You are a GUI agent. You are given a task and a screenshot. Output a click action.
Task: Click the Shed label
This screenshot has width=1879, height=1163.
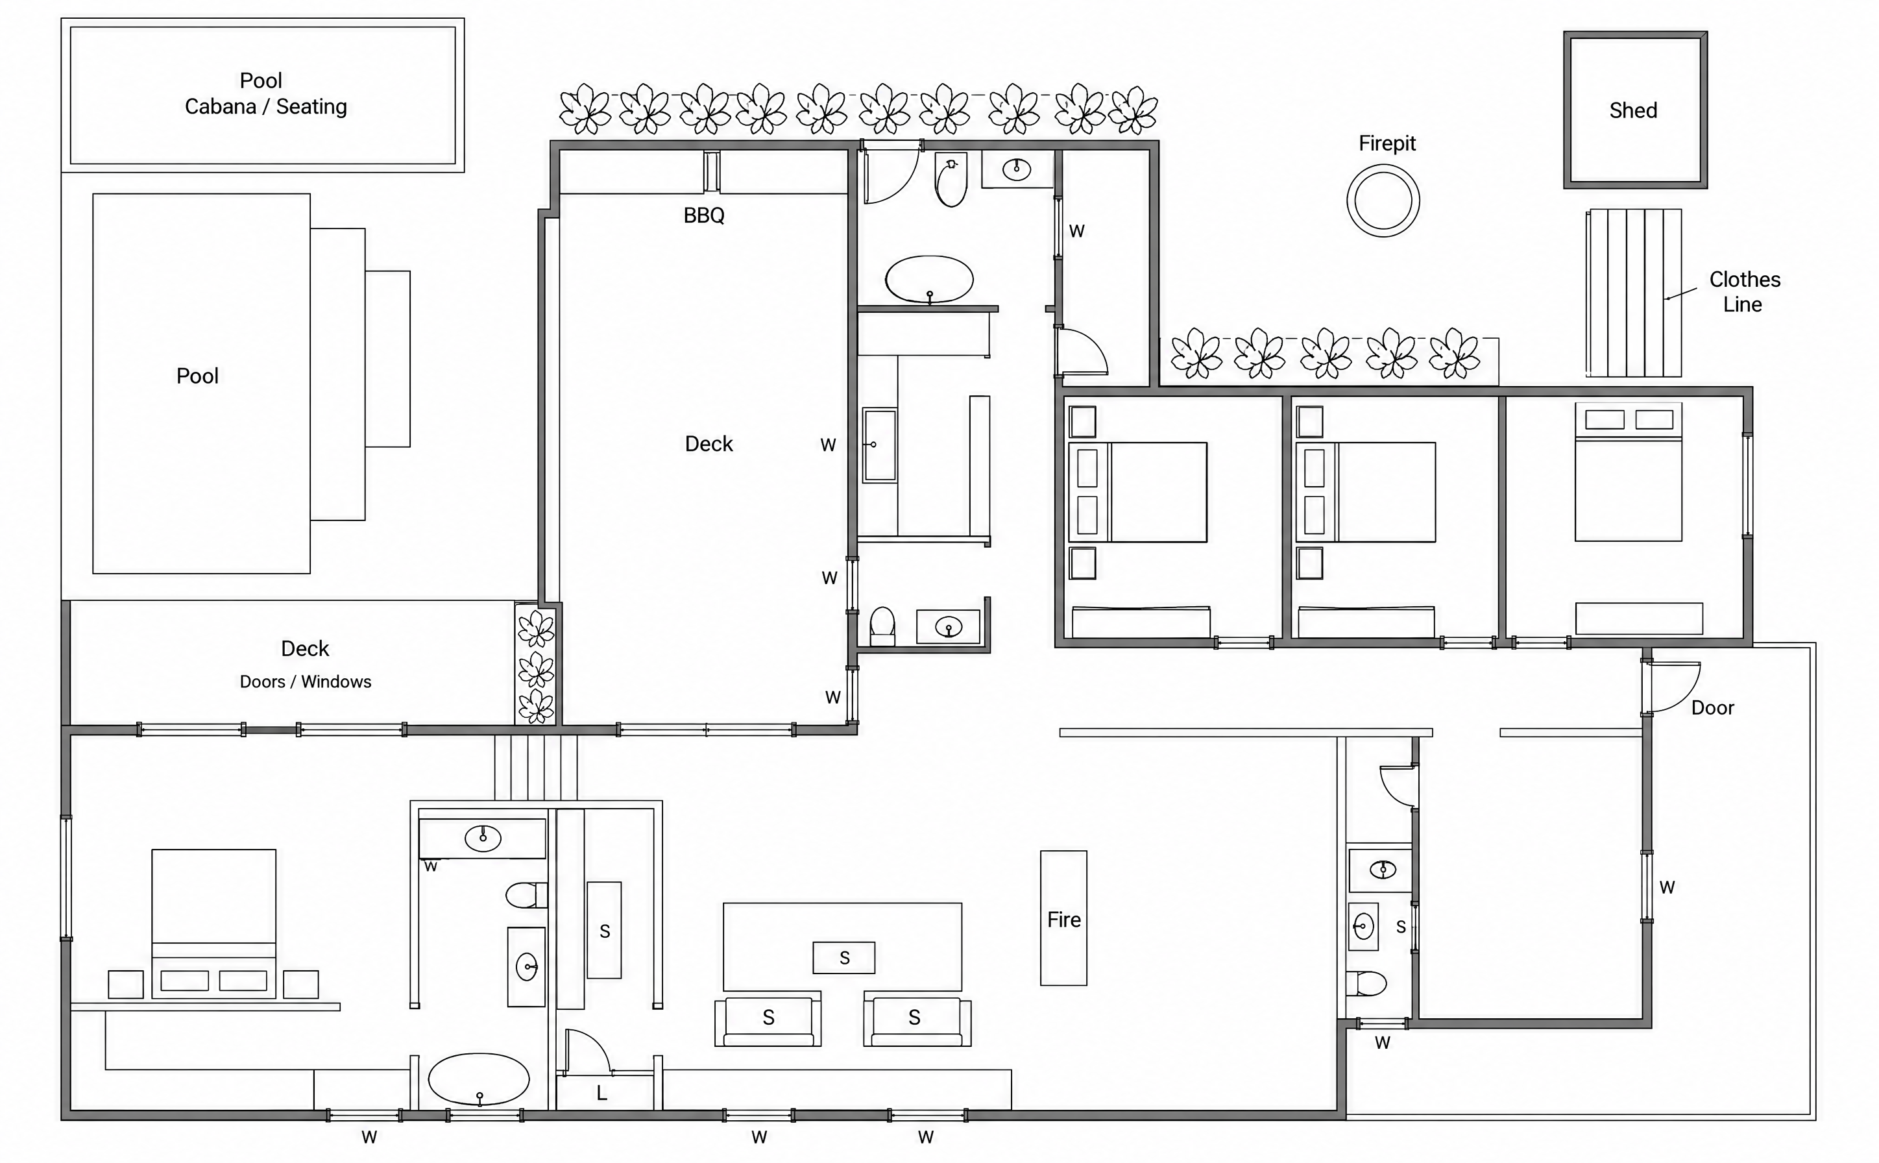pos(1633,110)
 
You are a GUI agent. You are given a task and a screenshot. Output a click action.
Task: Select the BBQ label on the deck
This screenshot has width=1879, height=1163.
pos(703,215)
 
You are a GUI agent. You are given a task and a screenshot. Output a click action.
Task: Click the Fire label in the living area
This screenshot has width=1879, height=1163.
pos(1063,920)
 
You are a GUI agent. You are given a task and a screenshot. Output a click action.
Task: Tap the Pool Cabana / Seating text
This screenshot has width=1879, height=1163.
pos(265,93)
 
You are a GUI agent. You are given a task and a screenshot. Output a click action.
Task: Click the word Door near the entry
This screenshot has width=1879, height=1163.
pos(1712,707)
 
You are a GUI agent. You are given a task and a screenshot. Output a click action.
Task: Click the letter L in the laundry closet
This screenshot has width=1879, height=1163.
pos(601,1093)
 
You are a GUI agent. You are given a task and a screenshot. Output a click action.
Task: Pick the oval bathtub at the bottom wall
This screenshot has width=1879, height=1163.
pos(478,1079)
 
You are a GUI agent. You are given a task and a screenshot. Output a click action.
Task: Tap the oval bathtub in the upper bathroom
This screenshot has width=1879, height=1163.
pos(928,279)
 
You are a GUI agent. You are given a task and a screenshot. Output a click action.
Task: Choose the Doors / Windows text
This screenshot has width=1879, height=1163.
pos(305,681)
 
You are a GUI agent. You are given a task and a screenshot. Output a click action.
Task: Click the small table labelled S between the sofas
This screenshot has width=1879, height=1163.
pos(843,958)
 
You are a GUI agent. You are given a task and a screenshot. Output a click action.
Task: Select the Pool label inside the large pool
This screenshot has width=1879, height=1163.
pos(198,376)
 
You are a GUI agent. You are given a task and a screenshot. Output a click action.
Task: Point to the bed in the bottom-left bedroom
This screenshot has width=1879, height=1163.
pos(213,924)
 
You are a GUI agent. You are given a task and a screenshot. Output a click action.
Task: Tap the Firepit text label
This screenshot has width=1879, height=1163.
pos(1387,144)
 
